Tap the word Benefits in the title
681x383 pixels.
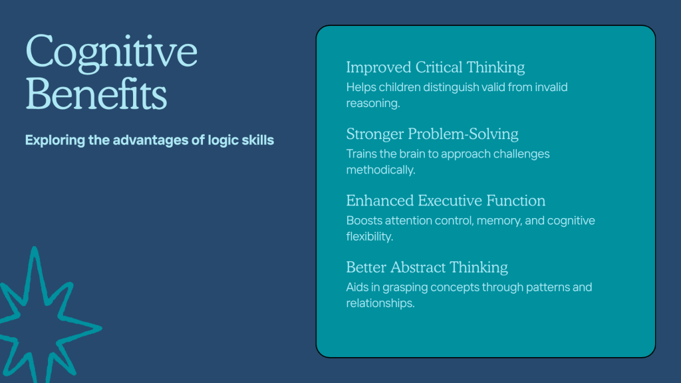(x=96, y=93)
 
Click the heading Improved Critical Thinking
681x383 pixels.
(x=435, y=67)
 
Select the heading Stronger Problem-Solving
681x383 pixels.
(x=432, y=134)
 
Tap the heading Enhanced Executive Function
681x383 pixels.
(x=446, y=201)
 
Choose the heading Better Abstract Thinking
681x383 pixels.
(x=427, y=267)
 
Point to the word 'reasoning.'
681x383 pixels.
(x=373, y=104)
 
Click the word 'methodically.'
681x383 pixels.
(x=381, y=170)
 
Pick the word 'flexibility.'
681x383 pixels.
(x=370, y=236)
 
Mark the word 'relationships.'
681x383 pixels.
(x=380, y=303)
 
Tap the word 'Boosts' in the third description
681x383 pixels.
(x=364, y=221)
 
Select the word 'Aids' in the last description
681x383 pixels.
(x=357, y=287)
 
